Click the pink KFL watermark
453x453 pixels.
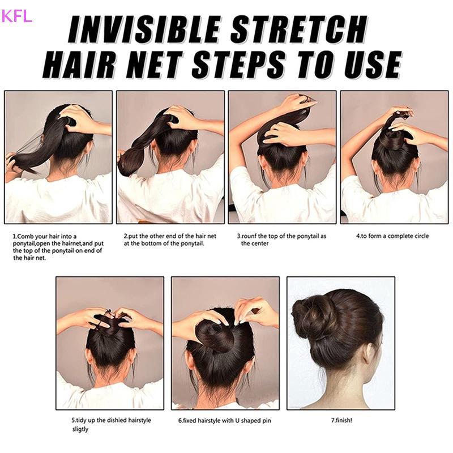click(16, 16)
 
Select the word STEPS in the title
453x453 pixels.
click(240, 64)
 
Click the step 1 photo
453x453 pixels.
click(58, 157)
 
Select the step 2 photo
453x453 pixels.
click(170, 157)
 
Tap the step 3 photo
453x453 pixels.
click(282, 157)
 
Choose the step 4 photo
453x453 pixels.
click(394, 157)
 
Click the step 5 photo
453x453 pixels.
click(110, 343)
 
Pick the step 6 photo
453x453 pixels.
click(225, 343)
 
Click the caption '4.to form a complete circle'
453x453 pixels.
click(392, 236)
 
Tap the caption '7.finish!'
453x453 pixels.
click(341, 420)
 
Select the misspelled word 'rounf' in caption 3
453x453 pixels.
click(249, 236)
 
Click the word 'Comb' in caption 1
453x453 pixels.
click(25, 236)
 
